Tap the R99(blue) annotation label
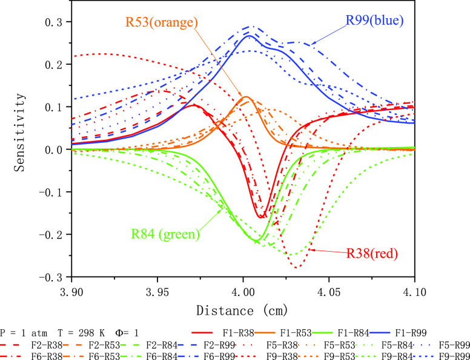pos(374,20)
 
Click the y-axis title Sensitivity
pos(21,149)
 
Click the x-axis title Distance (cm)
pos(243,310)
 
